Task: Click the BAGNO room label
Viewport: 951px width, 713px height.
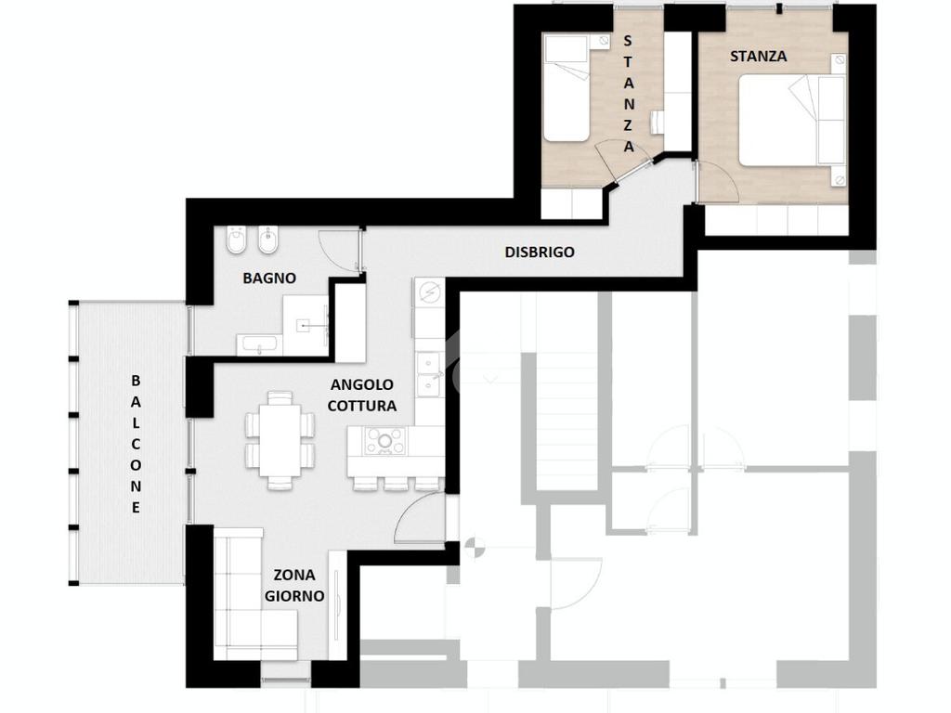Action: (x=269, y=279)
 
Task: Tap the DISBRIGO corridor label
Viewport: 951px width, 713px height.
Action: (x=540, y=253)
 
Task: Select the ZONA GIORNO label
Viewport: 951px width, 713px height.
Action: (x=294, y=585)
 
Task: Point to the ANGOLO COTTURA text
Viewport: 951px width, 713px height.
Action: (x=362, y=395)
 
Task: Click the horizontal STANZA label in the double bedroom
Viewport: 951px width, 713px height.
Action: (x=758, y=57)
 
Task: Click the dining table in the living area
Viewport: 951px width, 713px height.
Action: (x=280, y=439)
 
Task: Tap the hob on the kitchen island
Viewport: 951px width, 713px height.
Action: (x=384, y=441)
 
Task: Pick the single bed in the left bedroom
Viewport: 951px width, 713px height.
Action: (x=567, y=88)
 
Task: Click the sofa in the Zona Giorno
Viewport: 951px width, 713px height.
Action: (x=249, y=594)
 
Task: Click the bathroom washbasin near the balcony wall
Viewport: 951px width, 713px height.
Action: (x=259, y=344)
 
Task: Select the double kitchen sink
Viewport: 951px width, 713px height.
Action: (x=429, y=373)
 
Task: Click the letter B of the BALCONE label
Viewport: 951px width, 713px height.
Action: (x=136, y=381)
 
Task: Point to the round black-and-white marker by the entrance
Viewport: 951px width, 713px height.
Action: (x=474, y=548)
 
